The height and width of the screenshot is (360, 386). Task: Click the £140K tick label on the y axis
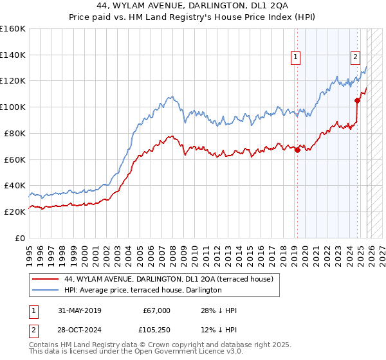point(13,55)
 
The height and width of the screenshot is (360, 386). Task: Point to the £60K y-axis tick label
point(15,159)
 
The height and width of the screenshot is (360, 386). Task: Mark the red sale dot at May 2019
point(297,150)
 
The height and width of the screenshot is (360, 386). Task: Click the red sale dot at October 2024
point(357,100)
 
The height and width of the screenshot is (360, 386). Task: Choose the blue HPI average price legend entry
point(143,290)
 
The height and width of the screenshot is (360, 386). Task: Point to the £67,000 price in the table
point(156,310)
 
